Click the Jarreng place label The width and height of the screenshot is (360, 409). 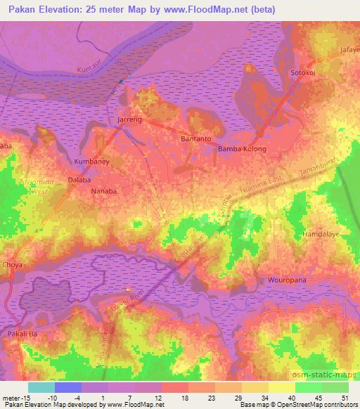129,120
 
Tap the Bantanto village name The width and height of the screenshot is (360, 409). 196,139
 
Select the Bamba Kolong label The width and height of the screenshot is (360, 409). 242,149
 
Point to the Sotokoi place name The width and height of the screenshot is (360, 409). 305,72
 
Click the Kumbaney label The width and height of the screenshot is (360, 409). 91,162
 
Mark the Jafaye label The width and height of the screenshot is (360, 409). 349,50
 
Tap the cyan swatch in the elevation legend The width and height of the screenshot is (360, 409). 41,387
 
